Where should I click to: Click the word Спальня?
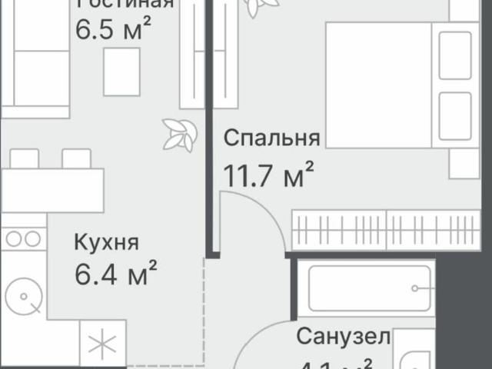click(271, 138)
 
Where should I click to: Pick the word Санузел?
click(344, 336)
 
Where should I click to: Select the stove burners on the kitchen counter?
click(23, 239)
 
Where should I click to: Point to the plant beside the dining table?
click(178, 135)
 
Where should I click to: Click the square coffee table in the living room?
click(121, 71)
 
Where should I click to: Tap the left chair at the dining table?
click(25, 158)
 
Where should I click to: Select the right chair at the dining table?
click(76, 158)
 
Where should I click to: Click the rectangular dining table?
click(52, 189)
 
